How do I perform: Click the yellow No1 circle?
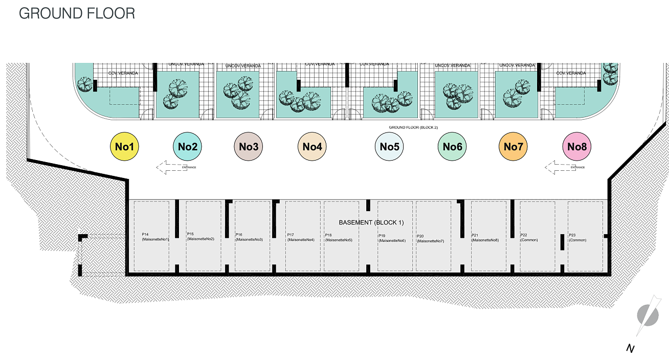[125, 147]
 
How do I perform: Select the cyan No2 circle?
[188, 147]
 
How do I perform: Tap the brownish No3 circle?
[249, 147]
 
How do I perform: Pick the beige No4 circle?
[312, 147]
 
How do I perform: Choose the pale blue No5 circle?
[389, 147]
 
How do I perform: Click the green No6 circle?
[452, 147]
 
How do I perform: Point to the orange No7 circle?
[513, 147]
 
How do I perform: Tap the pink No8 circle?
[576, 147]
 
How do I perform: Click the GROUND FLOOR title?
[77, 13]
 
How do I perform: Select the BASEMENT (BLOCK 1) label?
[371, 223]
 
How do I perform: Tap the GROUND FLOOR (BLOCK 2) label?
[413, 127]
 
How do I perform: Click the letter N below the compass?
[631, 348]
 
